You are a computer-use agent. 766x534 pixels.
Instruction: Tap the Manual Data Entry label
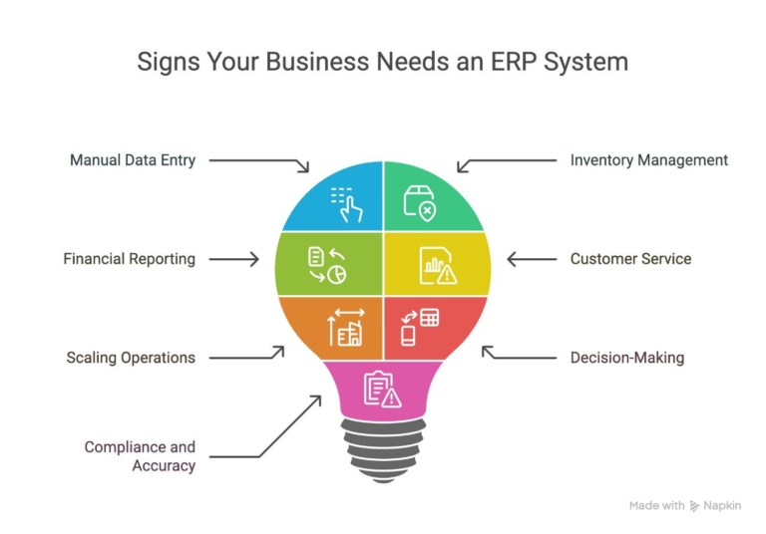coord(132,159)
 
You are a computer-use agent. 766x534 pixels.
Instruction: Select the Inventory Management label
coord(648,159)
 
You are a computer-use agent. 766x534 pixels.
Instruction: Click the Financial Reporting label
coord(129,259)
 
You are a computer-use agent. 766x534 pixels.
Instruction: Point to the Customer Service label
coord(630,259)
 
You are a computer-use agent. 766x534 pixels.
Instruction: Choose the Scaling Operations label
coord(131,357)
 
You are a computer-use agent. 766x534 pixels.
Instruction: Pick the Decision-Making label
coord(626,357)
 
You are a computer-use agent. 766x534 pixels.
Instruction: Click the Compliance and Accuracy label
coord(140,456)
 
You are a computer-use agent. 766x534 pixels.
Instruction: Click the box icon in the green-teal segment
coord(419,202)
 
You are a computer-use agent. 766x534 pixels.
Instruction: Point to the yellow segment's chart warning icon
coord(437,265)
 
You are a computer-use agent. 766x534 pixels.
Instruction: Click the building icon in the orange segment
coord(346,328)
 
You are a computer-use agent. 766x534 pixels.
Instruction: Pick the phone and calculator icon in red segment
coord(419,327)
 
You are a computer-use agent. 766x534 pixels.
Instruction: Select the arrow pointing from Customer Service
coord(532,259)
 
